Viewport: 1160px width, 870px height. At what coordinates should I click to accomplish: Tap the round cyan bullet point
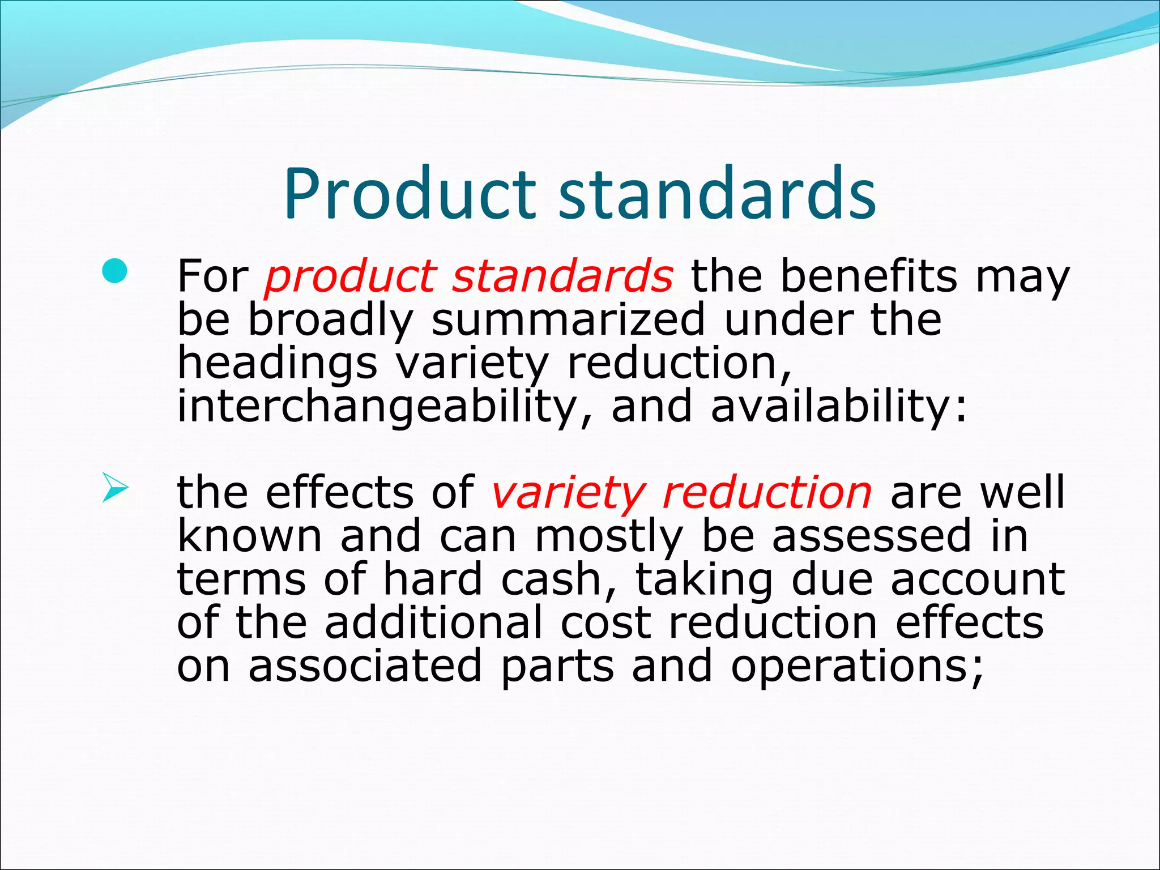point(116,271)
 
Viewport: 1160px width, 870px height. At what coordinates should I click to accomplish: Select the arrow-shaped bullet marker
point(115,489)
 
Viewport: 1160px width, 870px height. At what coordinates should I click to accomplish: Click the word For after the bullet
point(212,276)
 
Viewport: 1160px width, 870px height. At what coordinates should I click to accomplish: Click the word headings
point(277,364)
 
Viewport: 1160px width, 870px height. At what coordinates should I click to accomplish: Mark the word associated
point(365,666)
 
